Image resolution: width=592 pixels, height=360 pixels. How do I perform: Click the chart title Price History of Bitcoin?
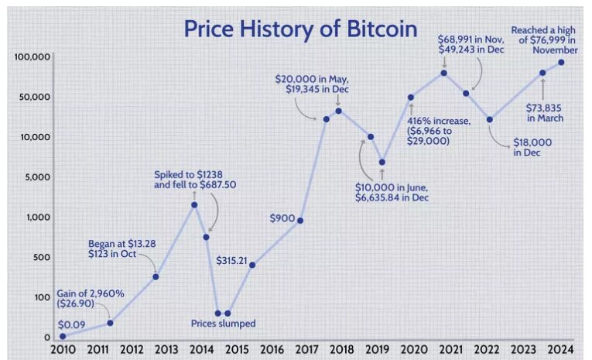tap(300, 29)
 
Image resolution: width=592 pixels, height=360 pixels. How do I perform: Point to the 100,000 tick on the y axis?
tap(33, 57)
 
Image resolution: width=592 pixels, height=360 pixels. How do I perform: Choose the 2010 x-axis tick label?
tap(63, 350)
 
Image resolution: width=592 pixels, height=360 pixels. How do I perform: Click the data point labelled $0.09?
tap(63, 336)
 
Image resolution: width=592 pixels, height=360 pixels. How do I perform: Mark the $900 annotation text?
tap(282, 218)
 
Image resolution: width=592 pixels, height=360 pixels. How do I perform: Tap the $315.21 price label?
tap(231, 260)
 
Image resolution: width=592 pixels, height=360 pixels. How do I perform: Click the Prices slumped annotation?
tap(223, 324)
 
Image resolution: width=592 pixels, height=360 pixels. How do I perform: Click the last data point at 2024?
tap(561, 63)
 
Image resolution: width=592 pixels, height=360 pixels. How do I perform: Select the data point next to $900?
tap(299, 221)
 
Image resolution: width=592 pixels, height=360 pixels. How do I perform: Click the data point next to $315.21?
tap(252, 265)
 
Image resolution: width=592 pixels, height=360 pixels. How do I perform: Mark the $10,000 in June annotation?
tap(392, 193)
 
